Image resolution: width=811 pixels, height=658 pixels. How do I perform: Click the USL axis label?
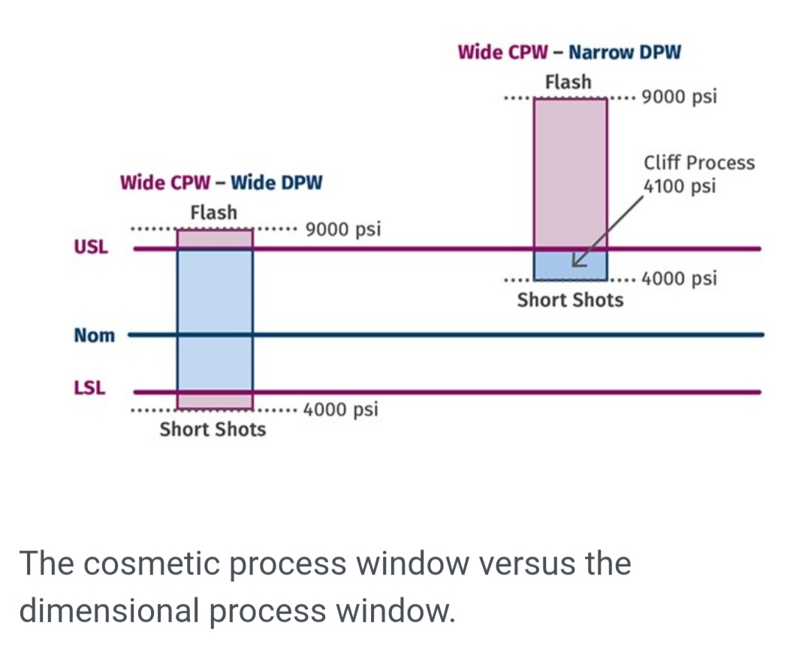(90, 246)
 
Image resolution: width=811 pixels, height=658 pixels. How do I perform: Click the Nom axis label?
(95, 335)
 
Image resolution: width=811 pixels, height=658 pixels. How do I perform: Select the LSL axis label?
(90, 388)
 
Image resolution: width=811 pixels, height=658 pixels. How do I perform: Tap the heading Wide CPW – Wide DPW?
(221, 183)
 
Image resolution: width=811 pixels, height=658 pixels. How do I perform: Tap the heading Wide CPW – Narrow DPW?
(569, 53)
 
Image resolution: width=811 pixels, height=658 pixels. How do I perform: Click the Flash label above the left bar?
(213, 213)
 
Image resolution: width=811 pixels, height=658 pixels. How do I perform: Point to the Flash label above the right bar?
(568, 82)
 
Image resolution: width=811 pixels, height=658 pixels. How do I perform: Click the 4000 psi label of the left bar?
(342, 410)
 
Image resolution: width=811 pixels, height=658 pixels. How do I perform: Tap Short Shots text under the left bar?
(213, 430)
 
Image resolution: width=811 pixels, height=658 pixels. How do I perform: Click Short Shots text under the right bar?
(570, 300)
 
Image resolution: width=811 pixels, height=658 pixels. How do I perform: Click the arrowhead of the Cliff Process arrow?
(576, 262)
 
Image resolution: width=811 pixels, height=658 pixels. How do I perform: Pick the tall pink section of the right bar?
(570, 173)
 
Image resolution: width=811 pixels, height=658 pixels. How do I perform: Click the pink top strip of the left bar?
(215, 239)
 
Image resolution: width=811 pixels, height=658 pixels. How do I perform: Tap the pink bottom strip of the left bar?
(215, 400)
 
